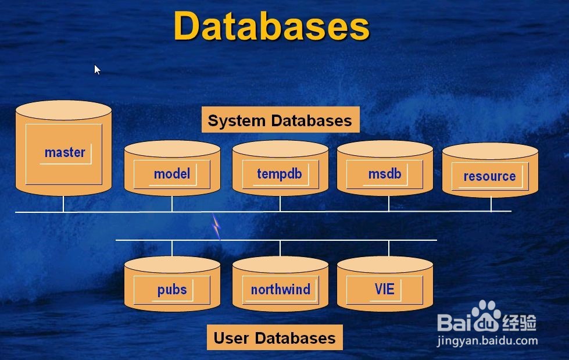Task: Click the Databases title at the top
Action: click(271, 26)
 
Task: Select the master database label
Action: click(65, 152)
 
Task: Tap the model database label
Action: click(172, 173)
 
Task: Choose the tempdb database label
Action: click(280, 173)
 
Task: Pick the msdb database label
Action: click(385, 173)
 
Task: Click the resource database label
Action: click(489, 176)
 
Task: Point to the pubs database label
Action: click(172, 289)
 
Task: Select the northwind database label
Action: click(280, 289)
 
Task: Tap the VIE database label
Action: click(385, 289)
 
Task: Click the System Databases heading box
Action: click(280, 120)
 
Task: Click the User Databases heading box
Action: click(274, 338)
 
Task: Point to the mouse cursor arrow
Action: click(97, 69)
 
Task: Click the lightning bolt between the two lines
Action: click(216, 226)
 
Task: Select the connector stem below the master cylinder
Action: click(63, 204)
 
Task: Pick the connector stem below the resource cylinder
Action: click(491, 204)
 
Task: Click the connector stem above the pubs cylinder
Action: click(172, 248)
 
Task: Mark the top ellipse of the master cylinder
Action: click(63, 110)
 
